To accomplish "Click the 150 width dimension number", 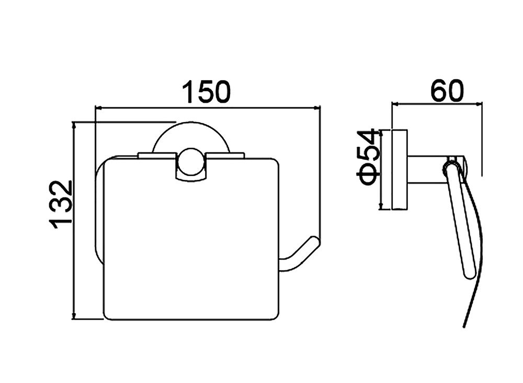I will (x=206, y=92).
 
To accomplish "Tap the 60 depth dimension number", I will (x=447, y=91).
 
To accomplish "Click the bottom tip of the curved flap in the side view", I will (x=464, y=325).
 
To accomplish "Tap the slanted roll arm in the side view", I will (x=461, y=220).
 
